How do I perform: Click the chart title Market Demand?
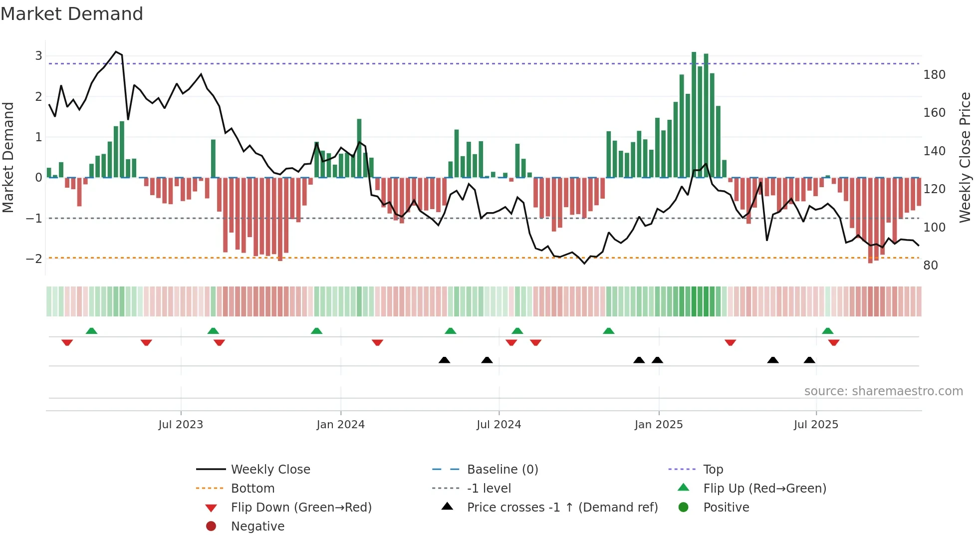point(72,14)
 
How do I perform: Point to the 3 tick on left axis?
point(38,56)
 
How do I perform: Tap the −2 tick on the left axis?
point(34,259)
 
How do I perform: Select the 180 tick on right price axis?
point(934,75)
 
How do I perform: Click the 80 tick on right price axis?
point(930,266)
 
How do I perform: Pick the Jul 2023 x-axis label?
point(181,425)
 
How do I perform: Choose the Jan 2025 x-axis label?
point(658,425)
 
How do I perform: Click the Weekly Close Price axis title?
point(965,157)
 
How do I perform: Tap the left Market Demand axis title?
point(8,157)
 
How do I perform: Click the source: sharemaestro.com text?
point(883,391)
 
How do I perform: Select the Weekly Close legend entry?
point(270,470)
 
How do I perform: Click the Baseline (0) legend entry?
point(502,470)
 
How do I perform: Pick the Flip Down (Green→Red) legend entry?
point(301,508)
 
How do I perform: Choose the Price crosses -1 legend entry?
point(562,508)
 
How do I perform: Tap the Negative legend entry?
point(257,527)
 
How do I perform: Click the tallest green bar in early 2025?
point(694,115)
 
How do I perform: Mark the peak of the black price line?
point(116,52)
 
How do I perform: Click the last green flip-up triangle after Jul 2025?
point(827,331)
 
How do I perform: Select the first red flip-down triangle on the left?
point(67,342)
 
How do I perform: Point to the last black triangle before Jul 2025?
point(809,360)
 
